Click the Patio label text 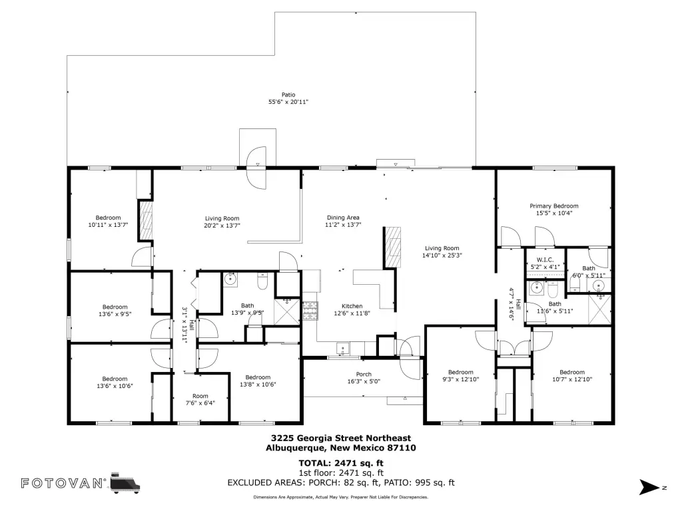coord(288,94)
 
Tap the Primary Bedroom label coord(553,206)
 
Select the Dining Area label coord(343,218)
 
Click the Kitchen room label coord(352,306)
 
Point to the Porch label coord(364,374)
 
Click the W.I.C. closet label coord(545,260)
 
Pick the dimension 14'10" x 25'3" coord(442,255)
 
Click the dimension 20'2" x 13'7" coord(222,226)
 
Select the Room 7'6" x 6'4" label coord(200,399)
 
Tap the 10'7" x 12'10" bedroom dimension coord(572,379)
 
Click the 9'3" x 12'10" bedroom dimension coord(461,379)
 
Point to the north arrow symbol coord(650,487)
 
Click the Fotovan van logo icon coord(125,483)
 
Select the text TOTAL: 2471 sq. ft coord(341,463)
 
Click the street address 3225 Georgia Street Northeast coord(341,438)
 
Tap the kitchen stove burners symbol coord(310,311)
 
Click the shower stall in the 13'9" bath coord(287,311)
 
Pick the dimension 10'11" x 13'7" coord(108,225)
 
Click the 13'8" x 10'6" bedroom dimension coord(258,385)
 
